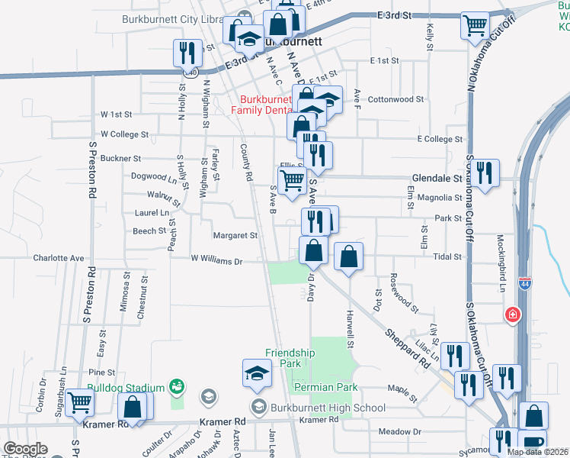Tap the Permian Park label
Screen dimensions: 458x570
(x=325, y=388)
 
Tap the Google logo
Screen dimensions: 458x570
(x=25, y=449)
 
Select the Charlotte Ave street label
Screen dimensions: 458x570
(x=58, y=258)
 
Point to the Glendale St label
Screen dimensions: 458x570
(x=432, y=178)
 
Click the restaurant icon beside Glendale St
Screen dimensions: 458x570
(x=484, y=175)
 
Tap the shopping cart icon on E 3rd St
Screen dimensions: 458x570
(x=475, y=27)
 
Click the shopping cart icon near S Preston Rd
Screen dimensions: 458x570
(x=79, y=402)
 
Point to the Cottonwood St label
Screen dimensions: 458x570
(x=395, y=99)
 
